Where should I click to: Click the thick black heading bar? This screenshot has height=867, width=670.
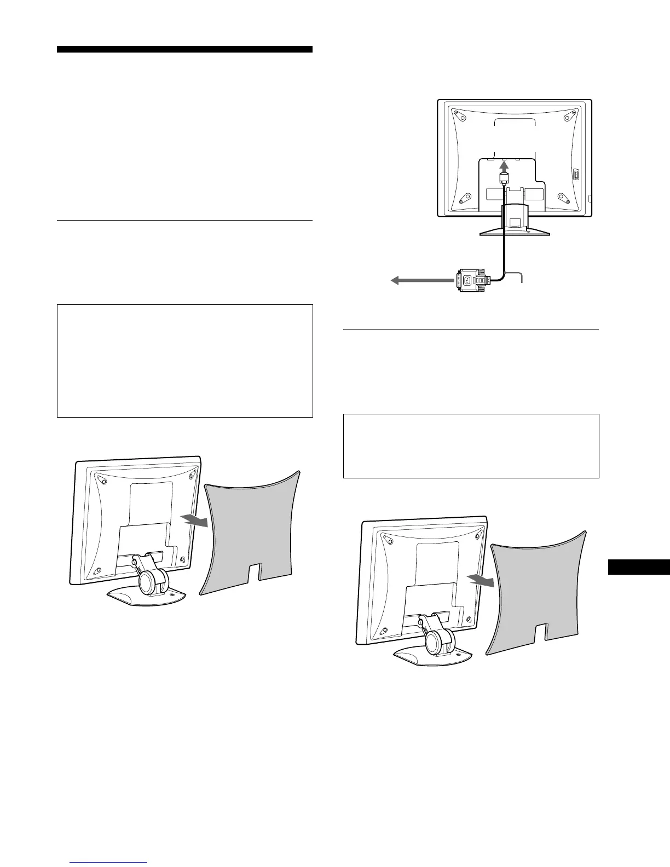coord(184,49)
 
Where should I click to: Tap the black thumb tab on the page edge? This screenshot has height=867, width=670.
coord(639,567)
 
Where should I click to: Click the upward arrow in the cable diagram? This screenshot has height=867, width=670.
coord(504,164)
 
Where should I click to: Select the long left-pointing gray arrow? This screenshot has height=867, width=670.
coord(421,281)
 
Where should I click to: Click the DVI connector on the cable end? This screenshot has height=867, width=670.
coord(472,280)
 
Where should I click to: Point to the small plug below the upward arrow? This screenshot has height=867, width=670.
coord(504,178)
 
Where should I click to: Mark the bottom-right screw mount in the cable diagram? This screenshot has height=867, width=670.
coord(562,198)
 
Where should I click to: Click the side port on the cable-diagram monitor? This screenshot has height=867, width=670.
coord(576,175)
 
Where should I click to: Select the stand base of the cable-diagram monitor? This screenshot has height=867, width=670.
coord(515,232)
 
